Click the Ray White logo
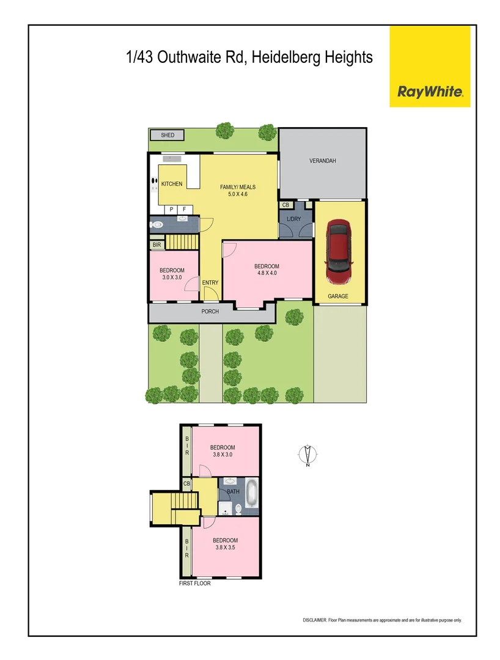click(x=430, y=92)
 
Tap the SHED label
click(x=167, y=135)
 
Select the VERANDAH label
click(x=322, y=161)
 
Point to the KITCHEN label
click(x=172, y=184)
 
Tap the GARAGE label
click(x=338, y=296)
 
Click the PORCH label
click(x=210, y=312)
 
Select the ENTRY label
click(x=210, y=282)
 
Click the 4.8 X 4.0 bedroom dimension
click(x=267, y=273)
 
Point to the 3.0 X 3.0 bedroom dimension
click(x=172, y=277)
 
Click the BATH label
click(x=233, y=491)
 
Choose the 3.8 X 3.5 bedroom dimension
click(x=225, y=548)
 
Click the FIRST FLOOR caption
click(x=194, y=584)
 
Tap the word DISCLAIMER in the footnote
click(x=315, y=620)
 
